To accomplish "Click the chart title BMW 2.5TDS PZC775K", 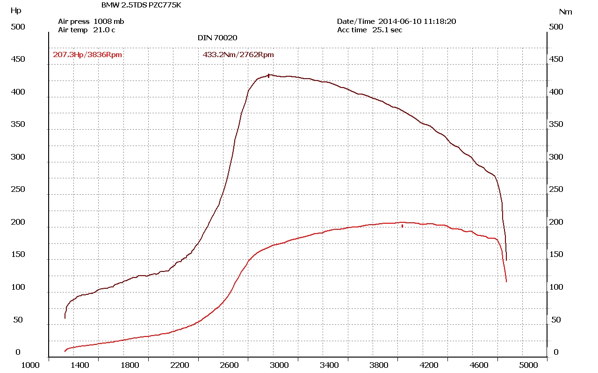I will coord(141,5).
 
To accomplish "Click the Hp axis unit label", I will coord(15,10).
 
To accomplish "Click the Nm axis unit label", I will coord(565,12).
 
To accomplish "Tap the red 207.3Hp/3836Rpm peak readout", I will coord(87,55).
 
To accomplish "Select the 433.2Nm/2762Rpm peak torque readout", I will coord(238,55).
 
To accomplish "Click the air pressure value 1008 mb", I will coord(109,21).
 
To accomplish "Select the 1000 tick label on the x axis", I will coord(30,365).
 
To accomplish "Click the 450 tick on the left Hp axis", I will coord(18,59).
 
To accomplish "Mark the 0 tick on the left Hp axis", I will coord(18,352).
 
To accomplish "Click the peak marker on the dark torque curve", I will coord(268,75).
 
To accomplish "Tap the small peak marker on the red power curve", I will coord(402,226).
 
